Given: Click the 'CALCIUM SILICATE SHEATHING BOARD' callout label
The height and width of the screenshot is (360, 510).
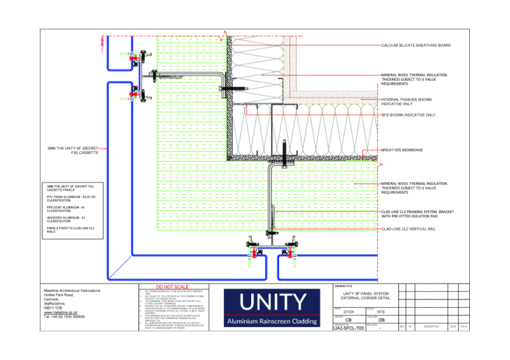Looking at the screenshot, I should click(416, 46).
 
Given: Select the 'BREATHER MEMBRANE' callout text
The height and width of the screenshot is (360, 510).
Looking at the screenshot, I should click(402, 150).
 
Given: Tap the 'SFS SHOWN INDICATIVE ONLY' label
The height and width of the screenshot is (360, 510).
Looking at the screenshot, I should click(408, 115).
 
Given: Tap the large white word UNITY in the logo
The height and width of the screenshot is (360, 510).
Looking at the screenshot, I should click(272, 302).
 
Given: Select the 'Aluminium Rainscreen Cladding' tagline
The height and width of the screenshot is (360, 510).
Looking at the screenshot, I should click(272, 322).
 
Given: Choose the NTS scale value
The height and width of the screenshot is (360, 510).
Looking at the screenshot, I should click(381, 312).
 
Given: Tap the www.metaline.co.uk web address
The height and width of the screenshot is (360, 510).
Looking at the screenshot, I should click(60, 313).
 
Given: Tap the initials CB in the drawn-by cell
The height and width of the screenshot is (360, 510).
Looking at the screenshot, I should click(347, 320).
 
